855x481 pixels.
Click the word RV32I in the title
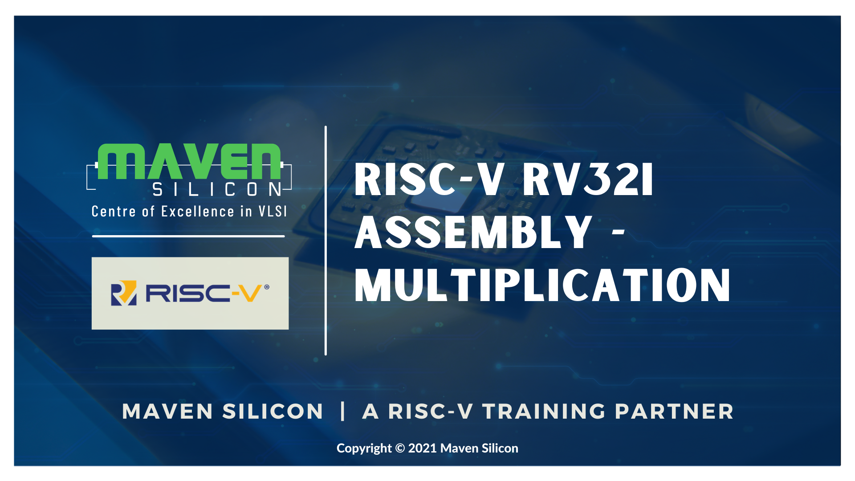pos(588,179)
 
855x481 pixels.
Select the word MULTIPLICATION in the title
pos(542,285)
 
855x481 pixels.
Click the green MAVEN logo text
pos(189,161)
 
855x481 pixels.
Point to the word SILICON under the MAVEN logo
pos(217,189)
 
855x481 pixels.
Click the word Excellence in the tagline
pos(197,211)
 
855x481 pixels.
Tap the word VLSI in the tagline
pos(273,211)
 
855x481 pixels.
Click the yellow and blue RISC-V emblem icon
pos(124,293)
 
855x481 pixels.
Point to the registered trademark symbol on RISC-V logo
pos(267,287)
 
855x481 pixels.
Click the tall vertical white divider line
pos(326,240)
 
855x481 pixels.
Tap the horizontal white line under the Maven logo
pos(188,236)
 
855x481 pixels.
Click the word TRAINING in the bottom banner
pos(544,412)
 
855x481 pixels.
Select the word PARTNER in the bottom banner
pos(674,412)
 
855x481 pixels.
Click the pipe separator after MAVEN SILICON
pos(342,411)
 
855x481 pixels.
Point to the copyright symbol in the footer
pos(400,448)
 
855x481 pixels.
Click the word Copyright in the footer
pos(364,448)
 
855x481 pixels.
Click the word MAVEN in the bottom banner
pos(167,412)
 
